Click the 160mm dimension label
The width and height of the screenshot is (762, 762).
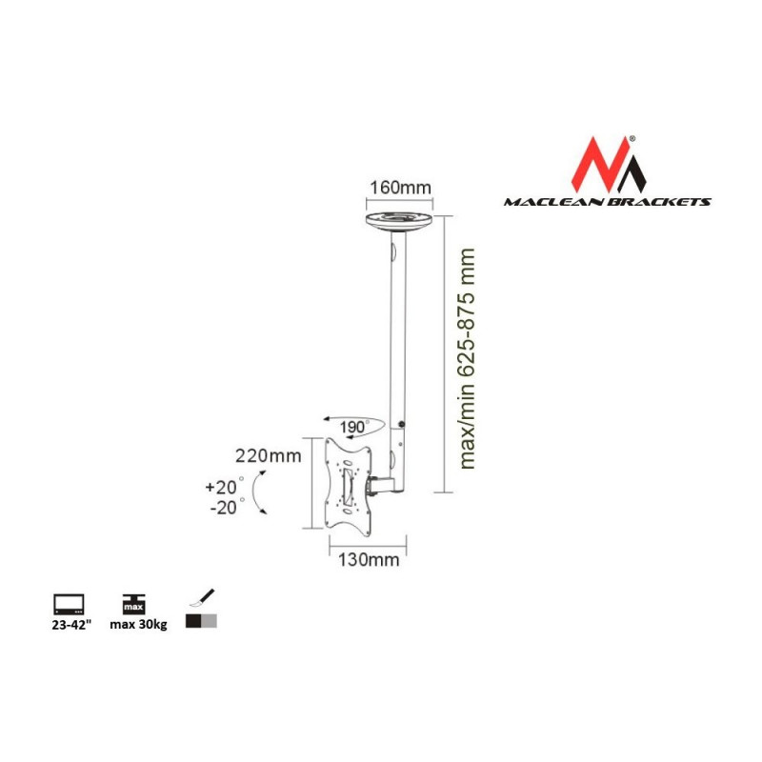(400, 188)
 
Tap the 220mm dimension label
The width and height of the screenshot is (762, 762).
(269, 456)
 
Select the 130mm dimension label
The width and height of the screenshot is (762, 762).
(369, 560)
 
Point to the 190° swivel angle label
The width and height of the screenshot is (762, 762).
(353, 427)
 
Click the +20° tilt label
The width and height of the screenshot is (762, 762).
(224, 487)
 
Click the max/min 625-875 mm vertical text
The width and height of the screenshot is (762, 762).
(467, 359)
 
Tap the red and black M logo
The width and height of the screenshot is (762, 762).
(609, 164)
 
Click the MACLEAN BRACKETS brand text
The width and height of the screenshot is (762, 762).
(608, 202)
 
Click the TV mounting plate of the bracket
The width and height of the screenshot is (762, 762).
(348, 484)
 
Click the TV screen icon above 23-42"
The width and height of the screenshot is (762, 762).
(69, 605)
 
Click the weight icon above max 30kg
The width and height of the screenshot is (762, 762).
(133, 604)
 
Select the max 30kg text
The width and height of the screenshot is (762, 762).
(138, 625)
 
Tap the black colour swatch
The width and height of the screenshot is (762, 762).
(193, 621)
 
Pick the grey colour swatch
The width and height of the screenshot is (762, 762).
(209, 621)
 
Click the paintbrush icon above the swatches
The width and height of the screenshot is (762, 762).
(202, 598)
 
